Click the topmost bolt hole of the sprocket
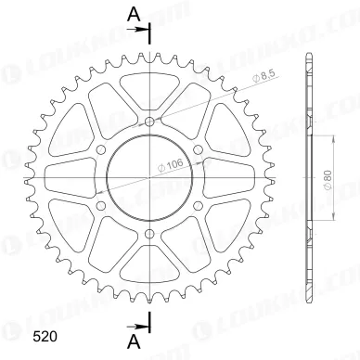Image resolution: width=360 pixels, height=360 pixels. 150,122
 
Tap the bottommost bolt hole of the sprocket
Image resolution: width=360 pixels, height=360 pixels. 150,234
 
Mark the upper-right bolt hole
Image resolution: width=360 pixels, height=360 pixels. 199,149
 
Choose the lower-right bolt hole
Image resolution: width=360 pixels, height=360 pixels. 199,206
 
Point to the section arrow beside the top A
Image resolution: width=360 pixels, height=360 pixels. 144,31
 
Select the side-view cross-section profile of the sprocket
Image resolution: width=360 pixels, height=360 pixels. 306,176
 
